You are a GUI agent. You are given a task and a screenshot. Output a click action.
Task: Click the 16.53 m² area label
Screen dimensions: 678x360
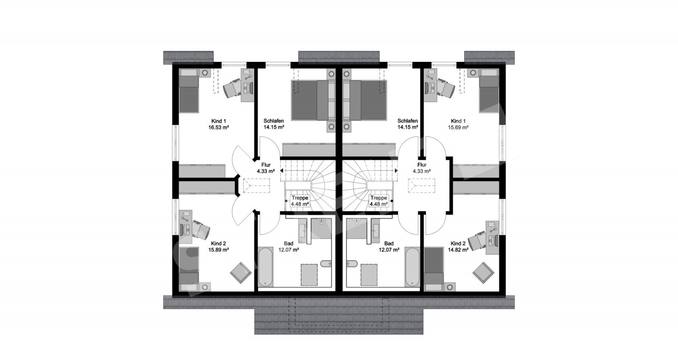click(x=218, y=128)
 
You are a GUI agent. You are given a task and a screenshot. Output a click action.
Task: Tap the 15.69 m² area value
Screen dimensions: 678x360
click(x=458, y=128)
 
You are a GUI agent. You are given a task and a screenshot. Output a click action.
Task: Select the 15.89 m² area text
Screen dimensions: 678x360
click(x=218, y=250)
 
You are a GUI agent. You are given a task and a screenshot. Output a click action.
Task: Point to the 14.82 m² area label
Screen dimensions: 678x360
click(x=458, y=250)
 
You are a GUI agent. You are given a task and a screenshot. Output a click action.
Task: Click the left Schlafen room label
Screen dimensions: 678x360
click(x=274, y=121)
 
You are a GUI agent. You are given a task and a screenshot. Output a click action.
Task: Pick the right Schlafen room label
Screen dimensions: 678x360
click(x=407, y=121)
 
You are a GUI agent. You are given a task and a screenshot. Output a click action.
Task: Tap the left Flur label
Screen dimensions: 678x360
click(x=266, y=165)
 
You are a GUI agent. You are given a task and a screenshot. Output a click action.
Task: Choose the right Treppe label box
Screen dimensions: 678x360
click(x=379, y=201)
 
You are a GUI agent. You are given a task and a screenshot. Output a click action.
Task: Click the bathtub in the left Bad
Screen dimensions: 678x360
click(x=266, y=267)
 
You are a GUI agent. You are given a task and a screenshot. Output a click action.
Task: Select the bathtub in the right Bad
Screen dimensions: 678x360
click(x=412, y=267)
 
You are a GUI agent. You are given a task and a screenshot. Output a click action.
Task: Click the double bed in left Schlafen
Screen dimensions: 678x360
click(x=314, y=100)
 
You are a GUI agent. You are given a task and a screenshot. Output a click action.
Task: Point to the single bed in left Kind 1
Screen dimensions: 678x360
click(x=189, y=91)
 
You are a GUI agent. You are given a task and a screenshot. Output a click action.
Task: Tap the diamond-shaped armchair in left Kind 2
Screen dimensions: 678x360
click(x=241, y=273)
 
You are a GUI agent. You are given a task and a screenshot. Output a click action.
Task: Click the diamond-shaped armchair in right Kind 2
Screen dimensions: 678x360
click(x=483, y=273)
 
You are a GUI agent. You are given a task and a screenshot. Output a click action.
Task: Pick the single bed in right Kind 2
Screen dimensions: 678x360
click(x=434, y=269)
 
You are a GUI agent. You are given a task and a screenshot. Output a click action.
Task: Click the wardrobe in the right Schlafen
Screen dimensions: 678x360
click(x=369, y=150)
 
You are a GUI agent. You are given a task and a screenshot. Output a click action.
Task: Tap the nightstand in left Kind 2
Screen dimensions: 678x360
click(x=206, y=287)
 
